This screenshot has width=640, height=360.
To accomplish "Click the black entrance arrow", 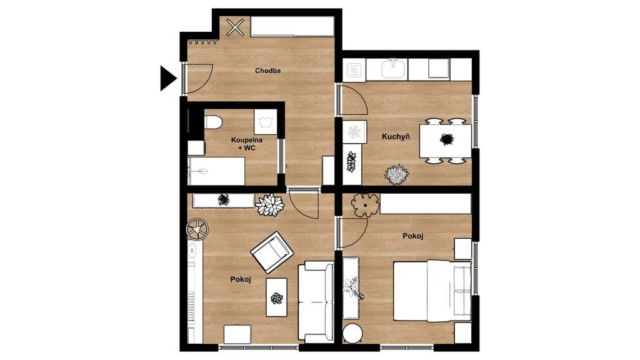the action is pyautogui.click(x=167, y=78).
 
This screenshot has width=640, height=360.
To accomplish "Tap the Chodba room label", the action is pyautogui.click(x=267, y=71).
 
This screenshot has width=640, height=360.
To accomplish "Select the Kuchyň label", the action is pyautogui.click(x=396, y=136).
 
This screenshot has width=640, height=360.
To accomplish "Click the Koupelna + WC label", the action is pyautogui.click(x=246, y=144).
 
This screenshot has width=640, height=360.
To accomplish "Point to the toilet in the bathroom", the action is pyautogui.click(x=212, y=122).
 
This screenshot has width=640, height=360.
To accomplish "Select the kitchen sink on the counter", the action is pyautogui.click(x=394, y=68).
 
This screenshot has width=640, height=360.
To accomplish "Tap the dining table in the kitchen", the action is pyautogui.click(x=445, y=141).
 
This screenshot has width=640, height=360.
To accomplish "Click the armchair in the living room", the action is pyautogui.click(x=272, y=252).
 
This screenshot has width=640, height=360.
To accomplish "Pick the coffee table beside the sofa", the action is pyautogui.click(x=276, y=297).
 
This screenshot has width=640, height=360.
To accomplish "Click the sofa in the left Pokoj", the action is pyautogui.click(x=316, y=302).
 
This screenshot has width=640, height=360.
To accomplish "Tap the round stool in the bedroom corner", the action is pyautogui.click(x=352, y=334).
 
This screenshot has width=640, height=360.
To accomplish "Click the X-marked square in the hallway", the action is pyautogui.click(x=235, y=27).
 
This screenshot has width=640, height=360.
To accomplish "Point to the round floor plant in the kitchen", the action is pyautogui.click(x=396, y=175).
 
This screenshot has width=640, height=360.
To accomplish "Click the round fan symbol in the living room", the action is pyautogui.click(x=197, y=229).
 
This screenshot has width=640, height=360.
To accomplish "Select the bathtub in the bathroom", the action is pyautogui.click(x=216, y=171).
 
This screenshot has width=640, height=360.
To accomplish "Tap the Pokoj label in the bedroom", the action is pyautogui.click(x=412, y=236).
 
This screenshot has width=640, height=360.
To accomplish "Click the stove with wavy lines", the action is pyautogui.click(x=354, y=70).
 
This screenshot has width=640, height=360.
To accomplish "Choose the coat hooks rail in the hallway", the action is pyautogui.click(x=202, y=41).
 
